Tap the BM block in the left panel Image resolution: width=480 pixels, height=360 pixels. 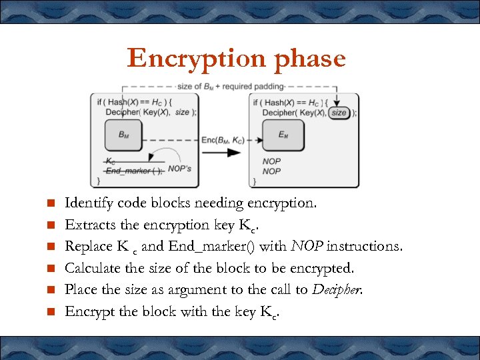(x=124, y=135)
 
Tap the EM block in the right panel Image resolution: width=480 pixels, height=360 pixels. (x=283, y=135)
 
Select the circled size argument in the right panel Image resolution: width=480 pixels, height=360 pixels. (x=339, y=113)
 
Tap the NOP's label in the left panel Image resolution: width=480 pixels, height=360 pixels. (x=179, y=169)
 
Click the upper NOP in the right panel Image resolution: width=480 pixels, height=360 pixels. (x=271, y=161)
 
